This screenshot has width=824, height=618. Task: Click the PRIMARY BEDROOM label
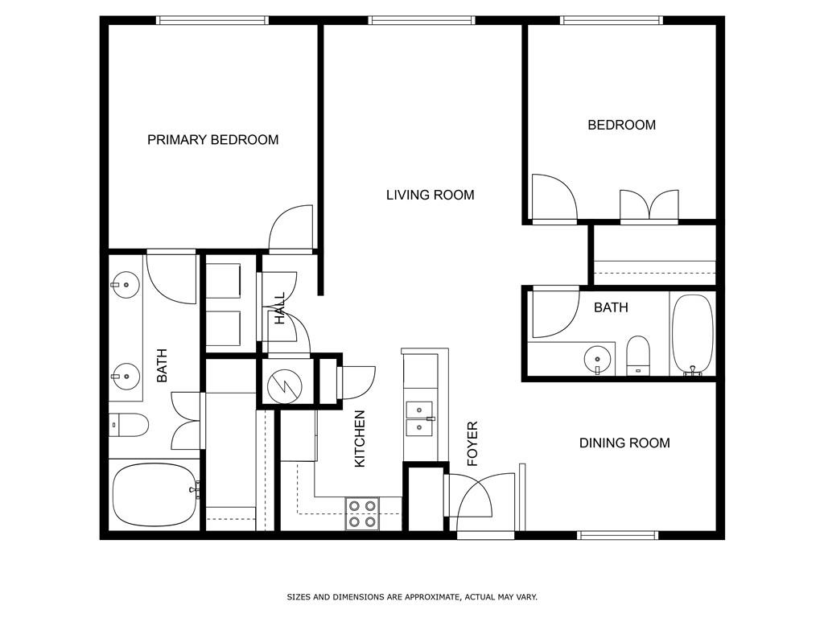[212, 140]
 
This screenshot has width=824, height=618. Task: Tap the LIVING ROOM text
[430, 195]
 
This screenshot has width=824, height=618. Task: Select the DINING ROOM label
[624, 443]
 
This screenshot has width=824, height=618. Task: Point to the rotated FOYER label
[472, 444]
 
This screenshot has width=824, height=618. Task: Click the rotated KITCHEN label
[360, 439]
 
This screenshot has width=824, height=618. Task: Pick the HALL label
[280, 309]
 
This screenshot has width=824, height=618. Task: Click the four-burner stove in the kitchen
[362, 513]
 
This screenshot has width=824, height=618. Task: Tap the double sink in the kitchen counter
[419, 418]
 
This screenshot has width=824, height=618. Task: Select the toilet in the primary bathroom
[129, 424]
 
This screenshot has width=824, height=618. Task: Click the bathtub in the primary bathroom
[154, 492]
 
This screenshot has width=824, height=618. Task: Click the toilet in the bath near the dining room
[637, 355]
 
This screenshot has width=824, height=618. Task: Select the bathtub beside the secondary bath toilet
[692, 335]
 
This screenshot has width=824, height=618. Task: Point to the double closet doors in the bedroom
[649, 206]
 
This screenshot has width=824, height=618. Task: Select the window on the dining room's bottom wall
[618, 534]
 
